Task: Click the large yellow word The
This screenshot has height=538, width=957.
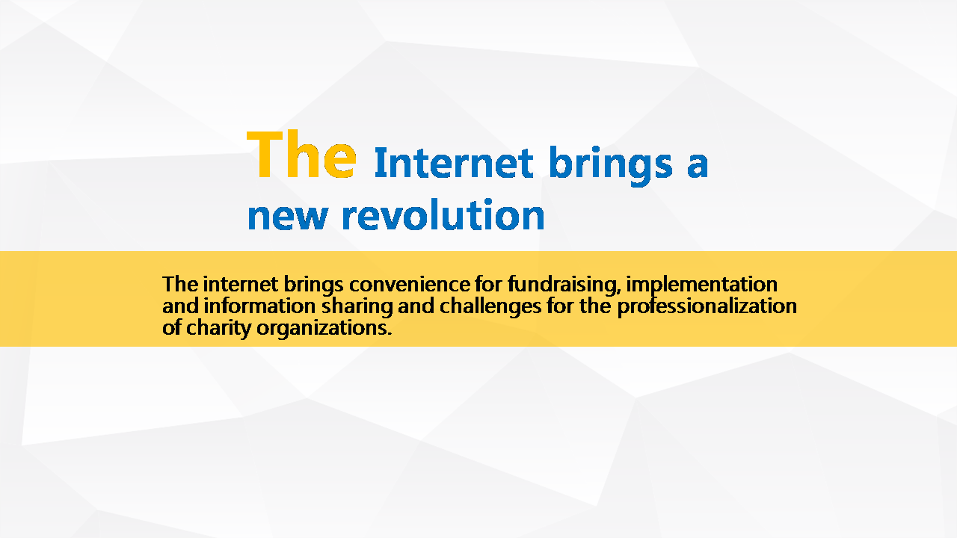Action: click(x=301, y=154)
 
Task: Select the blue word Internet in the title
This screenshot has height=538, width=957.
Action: click(x=454, y=163)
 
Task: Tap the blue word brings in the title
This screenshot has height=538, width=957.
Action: click(x=611, y=166)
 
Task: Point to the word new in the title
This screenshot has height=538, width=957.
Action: click(x=288, y=217)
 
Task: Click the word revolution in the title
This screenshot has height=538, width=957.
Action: click(x=443, y=214)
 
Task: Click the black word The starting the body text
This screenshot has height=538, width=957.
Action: click(x=179, y=285)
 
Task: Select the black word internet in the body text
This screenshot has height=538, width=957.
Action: click(x=241, y=285)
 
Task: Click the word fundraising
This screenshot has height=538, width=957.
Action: click(x=564, y=285)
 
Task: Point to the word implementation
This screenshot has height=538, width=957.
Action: click(x=701, y=285)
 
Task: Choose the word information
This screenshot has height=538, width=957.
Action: click(x=259, y=306)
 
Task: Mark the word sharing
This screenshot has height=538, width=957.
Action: click(x=357, y=307)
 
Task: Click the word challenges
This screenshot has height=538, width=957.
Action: click(x=490, y=307)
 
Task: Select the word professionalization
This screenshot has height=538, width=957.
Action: click(x=707, y=307)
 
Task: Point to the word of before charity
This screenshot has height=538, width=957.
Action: click(x=172, y=328)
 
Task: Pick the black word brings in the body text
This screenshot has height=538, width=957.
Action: click(x=313, y=285)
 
